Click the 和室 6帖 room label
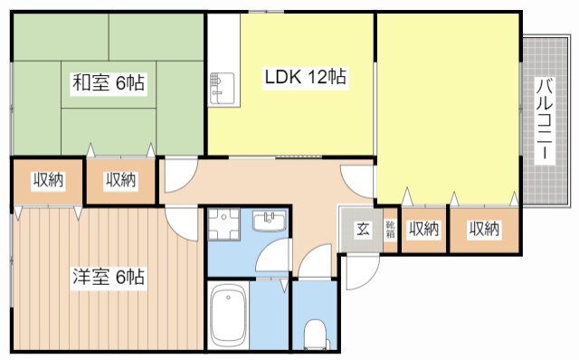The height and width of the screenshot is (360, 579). [109, 82]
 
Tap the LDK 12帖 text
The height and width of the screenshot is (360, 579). [306, 77]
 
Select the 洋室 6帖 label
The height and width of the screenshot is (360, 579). [109, 277]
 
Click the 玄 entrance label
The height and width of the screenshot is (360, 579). [362, 229]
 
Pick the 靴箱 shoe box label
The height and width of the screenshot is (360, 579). [390, 229]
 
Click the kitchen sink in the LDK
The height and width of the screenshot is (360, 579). [223, 89]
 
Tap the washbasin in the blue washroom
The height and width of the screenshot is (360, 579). [270, 221]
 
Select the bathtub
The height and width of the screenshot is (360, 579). [228, 316]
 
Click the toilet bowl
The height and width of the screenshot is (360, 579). [315, 334]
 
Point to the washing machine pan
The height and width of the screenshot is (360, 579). [223, 223]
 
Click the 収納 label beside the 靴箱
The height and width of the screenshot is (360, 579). [423, 229]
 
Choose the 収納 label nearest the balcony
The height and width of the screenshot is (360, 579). [484, 229]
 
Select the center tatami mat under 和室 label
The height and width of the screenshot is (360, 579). [109, 84]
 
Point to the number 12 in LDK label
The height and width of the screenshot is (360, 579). [318, 77]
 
